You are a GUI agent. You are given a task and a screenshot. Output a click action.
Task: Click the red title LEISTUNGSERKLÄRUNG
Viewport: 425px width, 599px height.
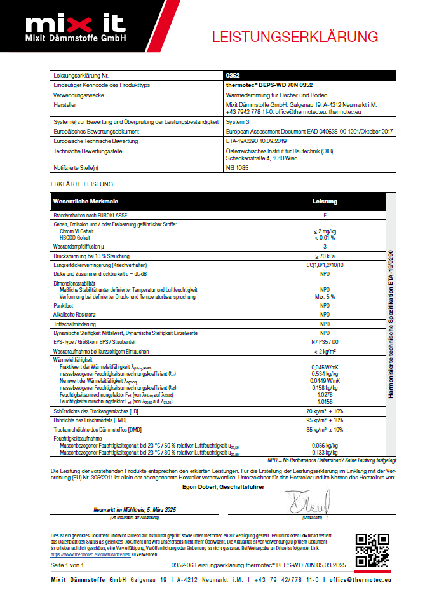pyautogui.click(x=295, y=36)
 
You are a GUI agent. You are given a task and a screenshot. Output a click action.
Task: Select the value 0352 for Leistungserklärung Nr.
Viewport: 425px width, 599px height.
pyautogui.click(x=233, y=75)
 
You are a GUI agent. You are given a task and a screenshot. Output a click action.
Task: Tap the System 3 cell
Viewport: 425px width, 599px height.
pyautogui.click(x=239, y=121)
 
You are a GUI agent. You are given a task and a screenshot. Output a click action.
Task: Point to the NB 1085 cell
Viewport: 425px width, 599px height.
pyautogui.click(x=236, y=167)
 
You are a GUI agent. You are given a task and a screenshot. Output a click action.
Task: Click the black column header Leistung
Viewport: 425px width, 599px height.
pyautogui.click(x=325, y=202)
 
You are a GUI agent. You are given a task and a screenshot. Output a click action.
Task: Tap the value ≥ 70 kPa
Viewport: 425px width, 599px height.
pyautogui.click(x=325, y=254)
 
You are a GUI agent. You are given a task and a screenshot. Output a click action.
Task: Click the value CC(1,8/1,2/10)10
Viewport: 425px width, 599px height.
pyautogui.click(x=325, y=264)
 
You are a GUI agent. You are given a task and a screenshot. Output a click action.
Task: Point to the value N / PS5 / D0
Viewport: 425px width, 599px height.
pyautogui.click(x=325, y=341)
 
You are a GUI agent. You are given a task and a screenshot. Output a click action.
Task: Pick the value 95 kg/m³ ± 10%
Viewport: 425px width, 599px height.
pyautogui.click(x=325, y=420)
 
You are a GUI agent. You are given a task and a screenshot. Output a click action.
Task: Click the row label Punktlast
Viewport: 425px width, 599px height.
pyautogui.click(x=64, y=306)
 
